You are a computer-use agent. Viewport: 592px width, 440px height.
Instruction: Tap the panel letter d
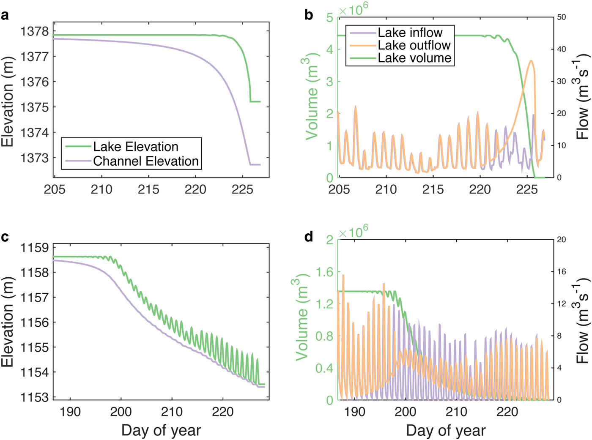pos(309,237)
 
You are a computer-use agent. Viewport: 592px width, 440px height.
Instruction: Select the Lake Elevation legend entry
pos(135,147)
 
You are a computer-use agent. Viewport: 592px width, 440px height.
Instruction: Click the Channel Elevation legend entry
pos(145,161)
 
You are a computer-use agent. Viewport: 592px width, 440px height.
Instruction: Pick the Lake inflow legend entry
pos(410,33)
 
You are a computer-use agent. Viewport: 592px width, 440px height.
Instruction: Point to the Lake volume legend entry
pos(414,58)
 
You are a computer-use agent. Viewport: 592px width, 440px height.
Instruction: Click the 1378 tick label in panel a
pos(35,31)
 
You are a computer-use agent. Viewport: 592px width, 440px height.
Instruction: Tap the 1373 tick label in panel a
pos(35,158)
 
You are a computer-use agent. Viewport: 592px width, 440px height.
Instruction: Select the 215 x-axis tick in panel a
pos(148,189)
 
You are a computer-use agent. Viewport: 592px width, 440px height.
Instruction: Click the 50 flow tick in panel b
pos(562,17)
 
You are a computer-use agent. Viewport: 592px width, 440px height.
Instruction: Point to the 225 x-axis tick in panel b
pos(527,189)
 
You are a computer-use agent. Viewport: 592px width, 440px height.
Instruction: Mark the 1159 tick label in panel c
pos(35,248)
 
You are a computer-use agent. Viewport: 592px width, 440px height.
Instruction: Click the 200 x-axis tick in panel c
pos(121,411)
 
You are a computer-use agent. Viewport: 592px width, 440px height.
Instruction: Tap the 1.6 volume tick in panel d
pos(324,272)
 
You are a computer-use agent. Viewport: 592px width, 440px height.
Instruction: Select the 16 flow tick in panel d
pos(561,272)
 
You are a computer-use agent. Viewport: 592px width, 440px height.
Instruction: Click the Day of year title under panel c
pos(161,430)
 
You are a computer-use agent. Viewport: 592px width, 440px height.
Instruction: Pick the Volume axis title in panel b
pos(311,97)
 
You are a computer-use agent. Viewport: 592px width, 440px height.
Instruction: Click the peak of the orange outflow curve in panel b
pos(532,61)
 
